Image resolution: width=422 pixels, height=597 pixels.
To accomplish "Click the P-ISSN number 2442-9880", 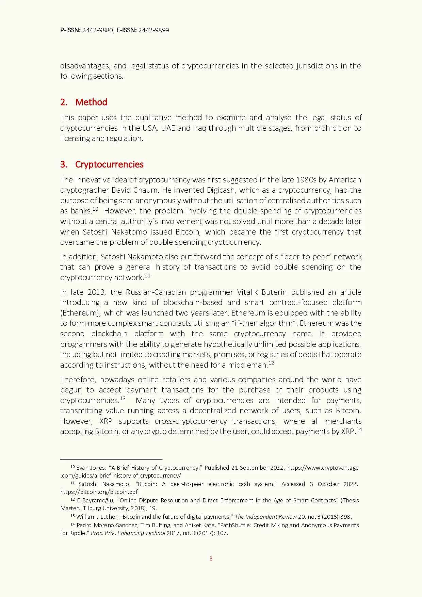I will [x=98, y=30].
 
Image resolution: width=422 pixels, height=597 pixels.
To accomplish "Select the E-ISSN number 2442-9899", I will [x=153, y=30].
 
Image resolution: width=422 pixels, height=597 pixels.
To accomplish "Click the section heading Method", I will [x=91, y=102].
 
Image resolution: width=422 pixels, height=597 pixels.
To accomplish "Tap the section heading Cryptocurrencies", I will [x=109, y=164].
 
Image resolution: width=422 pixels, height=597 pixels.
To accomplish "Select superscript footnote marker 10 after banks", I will [x=95, y=209].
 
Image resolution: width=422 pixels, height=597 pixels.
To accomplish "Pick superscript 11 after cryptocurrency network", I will [x=147, y=276].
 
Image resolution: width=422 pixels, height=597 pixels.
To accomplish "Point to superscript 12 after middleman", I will [x=271, y=363].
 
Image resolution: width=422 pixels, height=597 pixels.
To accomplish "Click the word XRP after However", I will [x=106, y=421].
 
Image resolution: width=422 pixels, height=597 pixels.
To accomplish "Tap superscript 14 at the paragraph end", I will [x=359, y=430].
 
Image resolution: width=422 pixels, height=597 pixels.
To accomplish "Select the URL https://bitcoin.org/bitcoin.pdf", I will [x=99, y=492].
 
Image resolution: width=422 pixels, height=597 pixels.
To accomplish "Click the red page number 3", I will [x=211, y=559].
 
